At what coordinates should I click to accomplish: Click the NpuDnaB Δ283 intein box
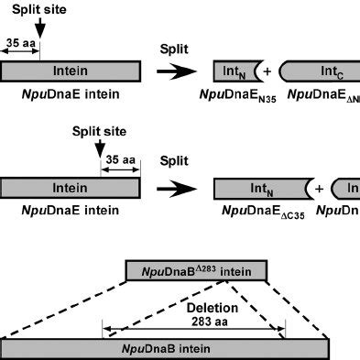pyautogui.click(x=196, y=269)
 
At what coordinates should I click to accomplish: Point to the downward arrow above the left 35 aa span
pyautogui.click(x=38, y=33)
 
